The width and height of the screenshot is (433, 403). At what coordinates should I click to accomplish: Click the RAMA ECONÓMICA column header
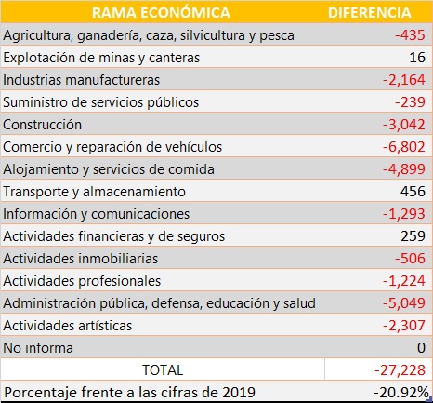[x=161, y=13]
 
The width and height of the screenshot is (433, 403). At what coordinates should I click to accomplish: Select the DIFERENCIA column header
[x=369, y=13]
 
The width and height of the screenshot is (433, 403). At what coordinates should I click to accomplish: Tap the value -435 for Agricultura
[x=410, y=35]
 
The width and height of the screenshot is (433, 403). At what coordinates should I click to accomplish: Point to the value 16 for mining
[x=417, y=58]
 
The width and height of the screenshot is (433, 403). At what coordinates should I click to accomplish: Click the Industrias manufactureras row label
[x=82, y=80]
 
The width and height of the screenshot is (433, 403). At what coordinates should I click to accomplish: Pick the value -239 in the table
[x=410, y=102]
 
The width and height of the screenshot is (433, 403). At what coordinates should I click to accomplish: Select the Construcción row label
[x=43, y=125]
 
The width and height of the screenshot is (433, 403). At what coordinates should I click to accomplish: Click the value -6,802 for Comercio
[x=404, y=147]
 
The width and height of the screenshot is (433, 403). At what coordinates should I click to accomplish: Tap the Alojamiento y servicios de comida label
[x=109, y=169]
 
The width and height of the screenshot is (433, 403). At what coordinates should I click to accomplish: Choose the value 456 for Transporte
[x=413, y=191]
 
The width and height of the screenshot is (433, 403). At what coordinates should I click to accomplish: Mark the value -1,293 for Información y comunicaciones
[x=404, y=214]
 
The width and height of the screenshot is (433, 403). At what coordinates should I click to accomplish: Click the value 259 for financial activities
[x=413, y=236]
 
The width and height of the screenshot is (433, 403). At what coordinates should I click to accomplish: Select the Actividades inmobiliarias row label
[x=81, y=259]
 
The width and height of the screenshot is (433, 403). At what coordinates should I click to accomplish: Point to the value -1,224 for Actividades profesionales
[x=404, y=281]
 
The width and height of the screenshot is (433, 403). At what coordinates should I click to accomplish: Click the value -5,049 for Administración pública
[x=404, y=303]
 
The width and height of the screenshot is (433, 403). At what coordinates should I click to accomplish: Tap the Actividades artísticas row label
[x=68, y=326]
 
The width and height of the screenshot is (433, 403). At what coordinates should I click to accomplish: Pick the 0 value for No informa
[x=421, y=347]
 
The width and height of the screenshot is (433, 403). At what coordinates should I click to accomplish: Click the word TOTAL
[x=163, y=370]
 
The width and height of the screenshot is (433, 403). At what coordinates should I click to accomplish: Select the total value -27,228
[x=400, y=370]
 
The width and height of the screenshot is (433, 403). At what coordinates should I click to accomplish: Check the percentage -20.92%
[x=401, y=393]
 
